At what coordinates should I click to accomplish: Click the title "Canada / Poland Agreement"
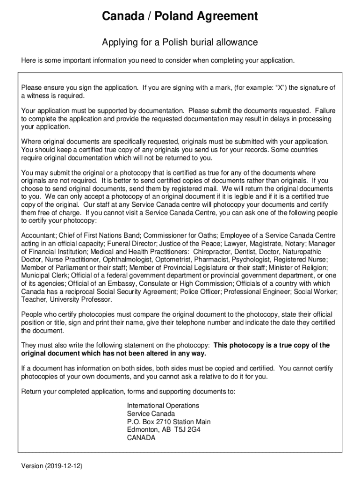coord(180,17)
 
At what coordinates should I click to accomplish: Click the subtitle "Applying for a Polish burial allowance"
coord(180,43)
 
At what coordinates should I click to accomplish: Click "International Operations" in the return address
coord(163,406)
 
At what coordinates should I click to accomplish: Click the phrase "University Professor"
coord(72,299)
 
